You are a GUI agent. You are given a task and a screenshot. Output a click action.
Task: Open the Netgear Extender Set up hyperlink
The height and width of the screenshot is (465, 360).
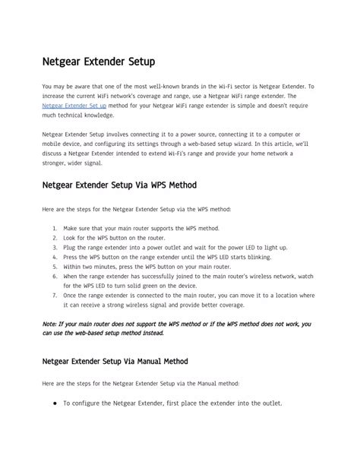(x=74, y=106)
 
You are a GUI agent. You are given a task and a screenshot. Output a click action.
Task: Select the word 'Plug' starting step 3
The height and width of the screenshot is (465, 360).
(x=69, y=247)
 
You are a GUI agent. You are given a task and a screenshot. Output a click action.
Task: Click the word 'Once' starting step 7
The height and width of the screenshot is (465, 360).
(x=71, y=296)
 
